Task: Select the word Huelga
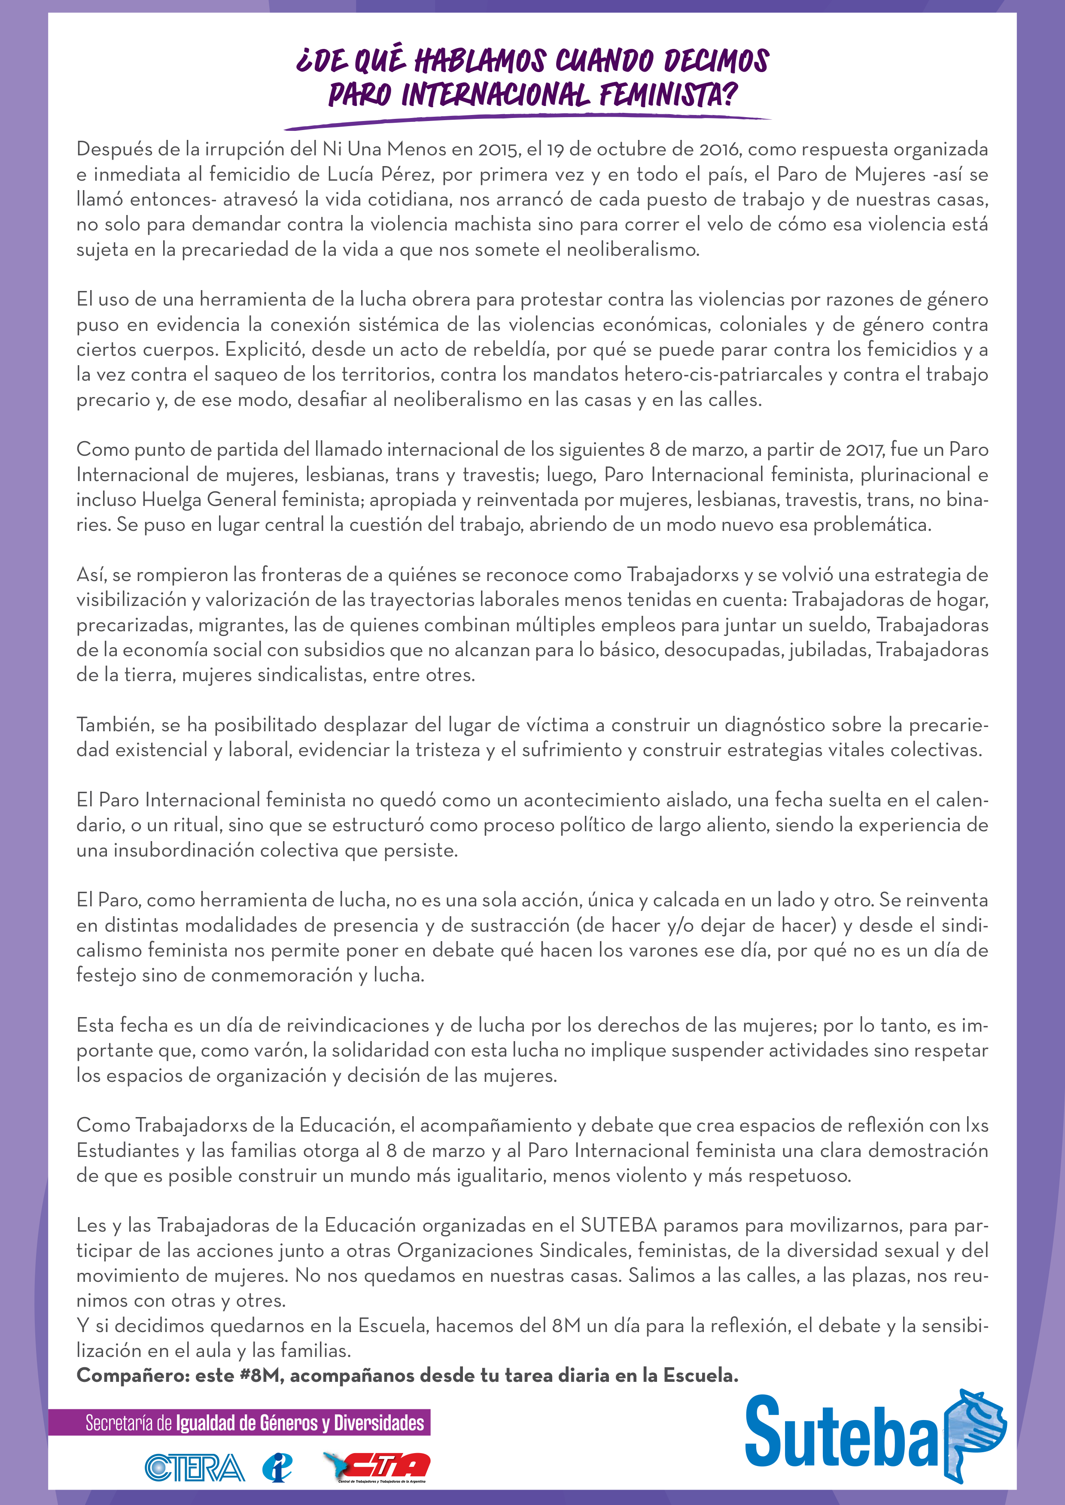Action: [x=172, y=500]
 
